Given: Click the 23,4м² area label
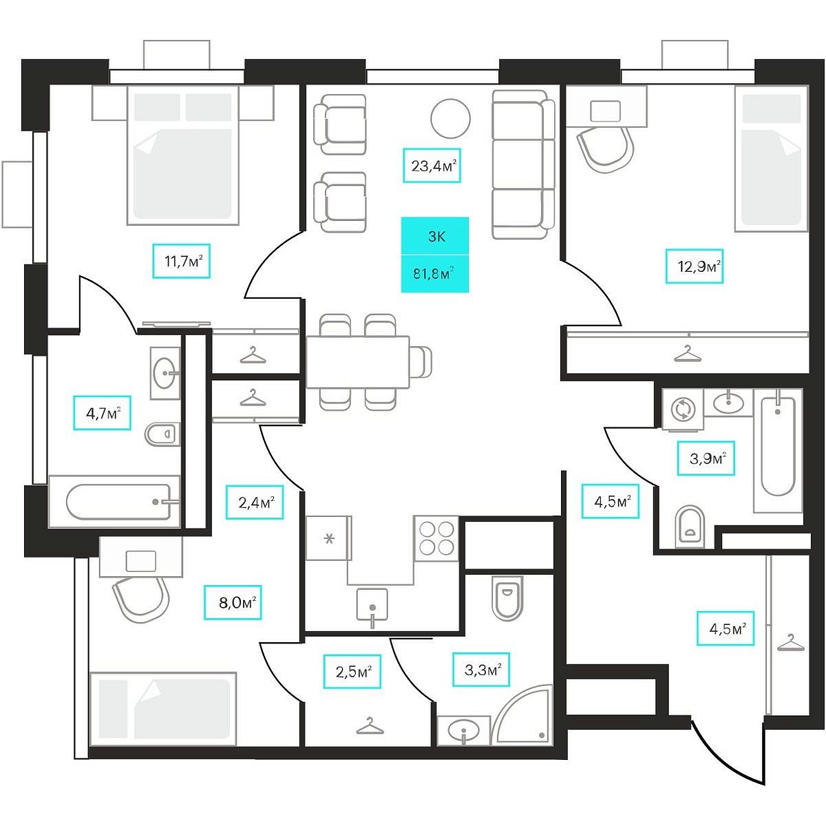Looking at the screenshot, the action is [x=432, y=165].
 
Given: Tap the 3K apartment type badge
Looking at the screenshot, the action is [x=434, y=236].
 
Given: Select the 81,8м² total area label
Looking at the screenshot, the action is [x=434, y=274].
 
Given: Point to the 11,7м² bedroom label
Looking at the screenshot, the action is [x=181, y=261].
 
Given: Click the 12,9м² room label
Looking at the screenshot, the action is [x=695, y=266].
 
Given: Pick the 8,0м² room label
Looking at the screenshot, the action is [x=233, y=602].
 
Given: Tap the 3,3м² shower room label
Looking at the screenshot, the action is [x=481, y=670].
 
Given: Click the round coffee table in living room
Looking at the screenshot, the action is [x=450, y=118].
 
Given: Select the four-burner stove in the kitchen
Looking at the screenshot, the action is [x=436, y=538].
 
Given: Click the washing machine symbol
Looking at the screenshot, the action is [x=682, y=409].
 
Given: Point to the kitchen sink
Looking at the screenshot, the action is [x=372, y=605].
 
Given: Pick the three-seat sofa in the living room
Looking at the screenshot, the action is [x=523, y=165].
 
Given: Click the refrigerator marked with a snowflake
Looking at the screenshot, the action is [x=329, y=538].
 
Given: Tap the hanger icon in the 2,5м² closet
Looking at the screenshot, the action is [x=370, y=726].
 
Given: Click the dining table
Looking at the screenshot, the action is [x=358, y=362].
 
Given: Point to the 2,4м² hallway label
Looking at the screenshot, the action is [x=255, y=502].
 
